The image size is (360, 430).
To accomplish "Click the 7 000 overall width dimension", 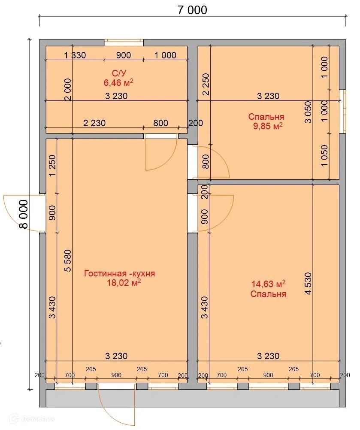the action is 192,10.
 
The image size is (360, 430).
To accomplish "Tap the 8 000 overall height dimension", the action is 24,214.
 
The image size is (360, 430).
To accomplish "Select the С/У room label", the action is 119,73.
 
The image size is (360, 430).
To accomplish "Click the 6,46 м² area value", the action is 118,82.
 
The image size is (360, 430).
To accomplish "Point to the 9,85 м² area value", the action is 268,126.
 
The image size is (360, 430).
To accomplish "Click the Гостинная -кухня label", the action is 120,273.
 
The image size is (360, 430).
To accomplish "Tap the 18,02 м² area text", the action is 124,282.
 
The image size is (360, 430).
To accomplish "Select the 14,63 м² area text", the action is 268,284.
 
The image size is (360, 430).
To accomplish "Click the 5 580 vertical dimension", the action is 67,260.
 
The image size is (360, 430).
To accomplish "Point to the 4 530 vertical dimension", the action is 308,283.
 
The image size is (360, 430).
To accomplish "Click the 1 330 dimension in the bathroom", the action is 75,55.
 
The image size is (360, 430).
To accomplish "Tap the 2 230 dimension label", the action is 94,123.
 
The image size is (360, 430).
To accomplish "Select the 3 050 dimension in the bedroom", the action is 308,112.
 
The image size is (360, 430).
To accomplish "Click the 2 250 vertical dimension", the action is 206,84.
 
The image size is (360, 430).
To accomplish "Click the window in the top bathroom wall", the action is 124,42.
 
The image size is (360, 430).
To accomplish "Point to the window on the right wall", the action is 342,112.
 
